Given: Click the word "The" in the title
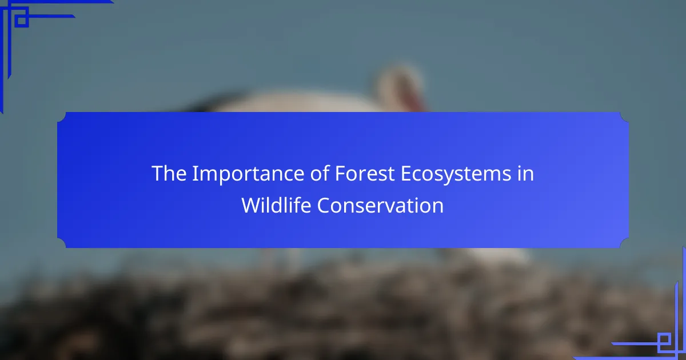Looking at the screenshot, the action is tap(169, 173).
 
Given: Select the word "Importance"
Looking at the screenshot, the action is tap(248, 174).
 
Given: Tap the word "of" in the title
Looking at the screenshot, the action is tap(320, 173).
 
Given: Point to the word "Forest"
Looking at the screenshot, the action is tap(365, 173).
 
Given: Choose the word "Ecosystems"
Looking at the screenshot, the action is tap(456, 174).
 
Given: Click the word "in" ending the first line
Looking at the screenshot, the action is tap(525, 173).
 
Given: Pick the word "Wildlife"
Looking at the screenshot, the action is tap(276, 205).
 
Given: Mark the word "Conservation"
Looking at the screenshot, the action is tap(380, 205).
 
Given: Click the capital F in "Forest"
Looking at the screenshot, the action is tap(340, 174).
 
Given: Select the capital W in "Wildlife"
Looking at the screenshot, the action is tap(252, 205).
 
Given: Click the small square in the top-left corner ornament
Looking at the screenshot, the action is tap(22, 21).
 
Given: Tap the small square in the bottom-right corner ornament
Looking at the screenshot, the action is tap(664, 339).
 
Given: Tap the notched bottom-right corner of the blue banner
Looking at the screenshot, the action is tap(624, 243).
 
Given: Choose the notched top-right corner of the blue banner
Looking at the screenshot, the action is tap(624, 117).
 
